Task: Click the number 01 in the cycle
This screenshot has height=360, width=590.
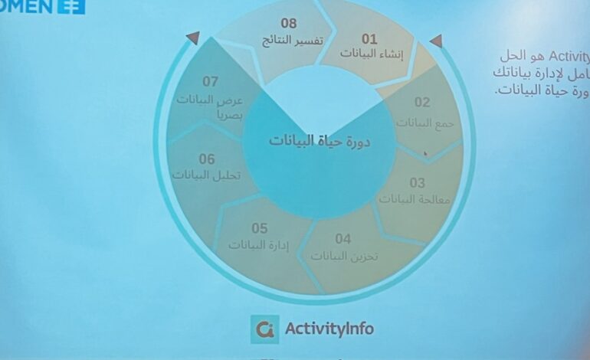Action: (369, 38)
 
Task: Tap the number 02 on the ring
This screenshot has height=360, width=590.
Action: (422, 103)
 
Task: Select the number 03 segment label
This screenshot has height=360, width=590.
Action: (417, 183)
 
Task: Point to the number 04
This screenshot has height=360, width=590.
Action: (343, 239)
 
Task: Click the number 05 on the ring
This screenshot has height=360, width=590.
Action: (260, 228)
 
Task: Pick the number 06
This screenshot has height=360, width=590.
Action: (207, 159)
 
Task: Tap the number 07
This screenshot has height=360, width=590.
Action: (211, 81)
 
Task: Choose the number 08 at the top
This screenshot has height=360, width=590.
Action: (288, 24)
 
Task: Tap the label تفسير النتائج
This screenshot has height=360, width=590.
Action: (289, 40)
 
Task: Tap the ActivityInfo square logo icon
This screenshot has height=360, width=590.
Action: (264, 329)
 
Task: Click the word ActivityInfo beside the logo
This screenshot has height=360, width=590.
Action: (329, 329)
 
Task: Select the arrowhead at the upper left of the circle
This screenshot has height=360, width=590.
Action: (192, 37)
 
